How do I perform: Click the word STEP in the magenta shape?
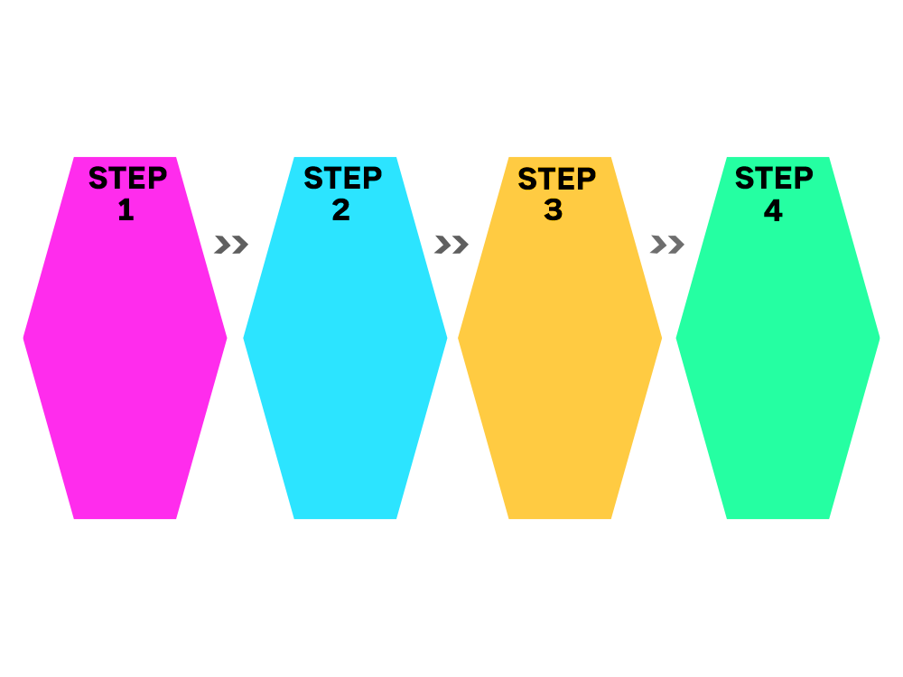(x=128, y=178)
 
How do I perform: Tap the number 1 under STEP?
(x=126, y=209)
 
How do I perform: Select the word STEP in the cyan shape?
(x=342, y=178)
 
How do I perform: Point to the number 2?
(x=341, y=209)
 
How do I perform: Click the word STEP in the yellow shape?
(x=557, y=179)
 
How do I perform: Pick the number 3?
(x=554, y=210)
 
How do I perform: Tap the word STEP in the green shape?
(x=774, y=178)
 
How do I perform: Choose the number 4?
(x=774, y=209)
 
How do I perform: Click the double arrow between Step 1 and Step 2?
(x=231, y=245)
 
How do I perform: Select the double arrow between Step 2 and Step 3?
(x=451, y=245)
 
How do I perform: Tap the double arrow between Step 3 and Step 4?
(x=667, y=245)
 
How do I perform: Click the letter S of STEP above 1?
(x=98, y=178)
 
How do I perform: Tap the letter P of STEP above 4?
(x=804, y=178)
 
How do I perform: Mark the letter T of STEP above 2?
(x=333, y=178)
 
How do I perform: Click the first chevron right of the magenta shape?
(x=222, y=245)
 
